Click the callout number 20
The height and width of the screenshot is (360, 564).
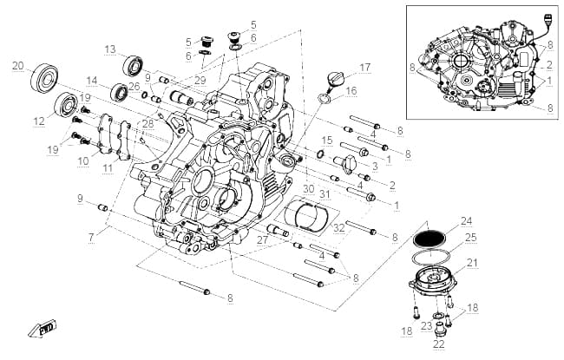tap(18, 66)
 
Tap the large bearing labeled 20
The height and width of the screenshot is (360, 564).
tap(44, 78)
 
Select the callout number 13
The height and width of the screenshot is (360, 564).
tap(110, 49)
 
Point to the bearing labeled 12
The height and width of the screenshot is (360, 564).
tap(67, 104)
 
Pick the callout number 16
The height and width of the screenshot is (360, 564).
tap(351, 90)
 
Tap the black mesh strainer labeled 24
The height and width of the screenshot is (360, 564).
tap(429, 238)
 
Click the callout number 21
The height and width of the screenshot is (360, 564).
tap(471, 263)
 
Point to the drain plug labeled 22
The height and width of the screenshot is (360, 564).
tap(439, 329)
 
